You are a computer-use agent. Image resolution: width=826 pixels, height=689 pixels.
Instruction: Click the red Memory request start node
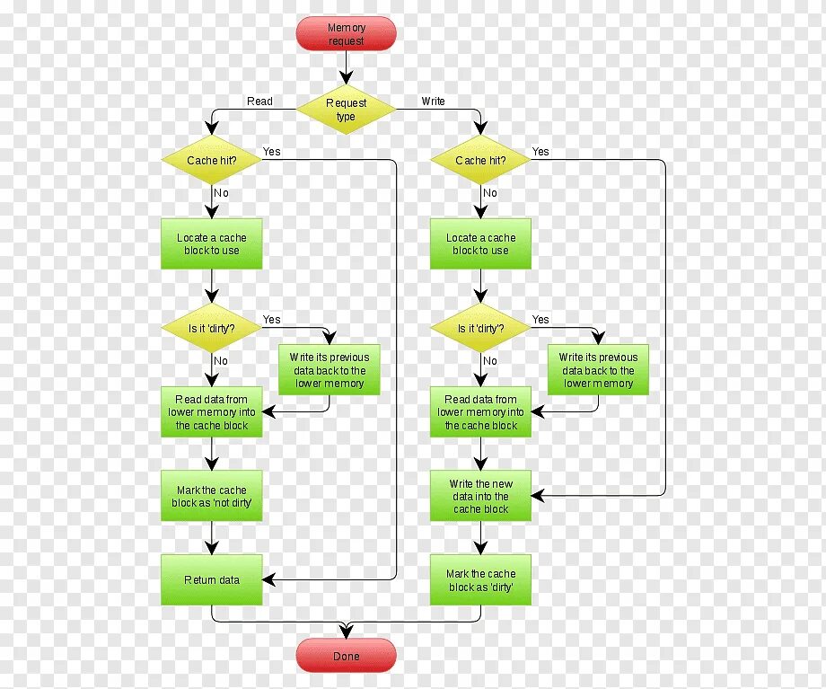point(346,34)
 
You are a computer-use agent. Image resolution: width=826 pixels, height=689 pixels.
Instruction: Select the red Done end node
point(346,656)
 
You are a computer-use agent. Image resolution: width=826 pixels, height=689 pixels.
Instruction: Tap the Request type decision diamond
point(346,110)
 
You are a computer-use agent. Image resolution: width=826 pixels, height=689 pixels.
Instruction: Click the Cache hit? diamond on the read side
point(212,161)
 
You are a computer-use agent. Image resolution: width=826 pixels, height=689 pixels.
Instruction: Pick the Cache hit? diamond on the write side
point(480,161)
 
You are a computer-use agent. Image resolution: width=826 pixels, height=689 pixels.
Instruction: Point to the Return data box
point(212,580)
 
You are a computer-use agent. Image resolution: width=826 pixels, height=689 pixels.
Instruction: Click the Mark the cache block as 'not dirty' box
point(212,497)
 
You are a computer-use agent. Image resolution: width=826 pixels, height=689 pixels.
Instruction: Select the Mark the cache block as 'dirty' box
point(480,580)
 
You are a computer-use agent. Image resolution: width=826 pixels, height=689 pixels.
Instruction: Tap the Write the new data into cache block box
point(480,497)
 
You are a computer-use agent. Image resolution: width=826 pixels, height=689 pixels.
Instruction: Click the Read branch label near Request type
point(259,102)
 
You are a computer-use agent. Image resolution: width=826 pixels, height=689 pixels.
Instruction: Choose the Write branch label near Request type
point(433,102)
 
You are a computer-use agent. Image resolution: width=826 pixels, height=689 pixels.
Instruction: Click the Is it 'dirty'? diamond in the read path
point(212,329)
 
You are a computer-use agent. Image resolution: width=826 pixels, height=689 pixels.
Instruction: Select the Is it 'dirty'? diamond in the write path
point(480,329)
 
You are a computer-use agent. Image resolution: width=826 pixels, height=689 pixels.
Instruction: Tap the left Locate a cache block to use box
point(212,244)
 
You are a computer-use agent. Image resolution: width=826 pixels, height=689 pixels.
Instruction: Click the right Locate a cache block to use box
point(480,244)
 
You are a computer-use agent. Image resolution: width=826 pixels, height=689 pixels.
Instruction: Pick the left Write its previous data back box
point(329,370)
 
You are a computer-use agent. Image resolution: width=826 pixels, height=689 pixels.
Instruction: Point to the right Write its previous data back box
point(598,370)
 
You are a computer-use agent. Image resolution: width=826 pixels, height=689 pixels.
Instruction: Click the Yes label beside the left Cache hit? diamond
point(272,152)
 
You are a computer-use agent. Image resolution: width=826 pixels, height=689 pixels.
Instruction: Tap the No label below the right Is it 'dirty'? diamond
point(490,361)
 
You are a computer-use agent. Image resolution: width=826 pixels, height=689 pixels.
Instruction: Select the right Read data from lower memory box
point(480,412)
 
